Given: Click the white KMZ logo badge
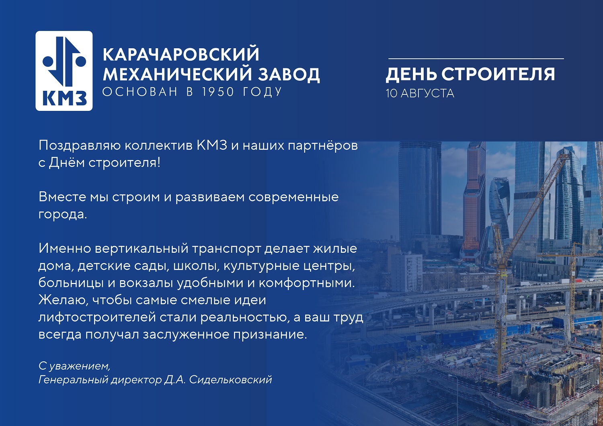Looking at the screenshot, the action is pyautogui.click(x=64, y=71).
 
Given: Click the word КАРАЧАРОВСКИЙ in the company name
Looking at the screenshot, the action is pyautogui.click(x=181, y=54).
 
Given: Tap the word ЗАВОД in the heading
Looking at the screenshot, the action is pyautogui.click(x=289, y=74).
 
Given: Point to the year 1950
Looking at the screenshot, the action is pyautogui.click(x=218, y=92).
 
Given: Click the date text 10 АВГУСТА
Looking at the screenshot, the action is pyautogui.click(x=420, y=94).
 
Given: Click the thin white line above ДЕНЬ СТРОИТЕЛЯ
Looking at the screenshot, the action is pyautogui.click(x=476, y=58).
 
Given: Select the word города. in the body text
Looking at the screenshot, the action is pyautogui.click(x=63, y=215).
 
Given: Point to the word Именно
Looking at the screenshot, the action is pyautogui.click(x=65, y=248).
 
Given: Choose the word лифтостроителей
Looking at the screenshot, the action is pyautogui.click(x=97, y=317).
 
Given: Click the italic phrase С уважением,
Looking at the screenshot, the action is pyautogui.click(x=74, y=366).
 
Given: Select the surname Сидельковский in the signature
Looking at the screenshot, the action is pyautogui.click(x=230, y=380).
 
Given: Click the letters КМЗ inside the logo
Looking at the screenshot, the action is pyautogui.click(x=65, y=98).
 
